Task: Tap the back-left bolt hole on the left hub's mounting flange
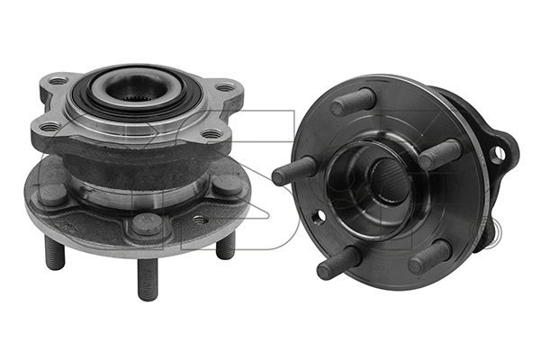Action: click(x=59, y=82)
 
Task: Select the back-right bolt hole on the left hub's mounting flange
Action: click(x=224, y=87)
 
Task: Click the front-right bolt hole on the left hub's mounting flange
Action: click(x=211, y=136)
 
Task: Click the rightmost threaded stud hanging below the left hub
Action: click(x=226, y=244)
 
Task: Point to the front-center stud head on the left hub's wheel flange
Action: click(x=147, y=223)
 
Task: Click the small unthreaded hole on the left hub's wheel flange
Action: click(x=199, y=219)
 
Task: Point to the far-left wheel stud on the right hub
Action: click(x=293, y=169)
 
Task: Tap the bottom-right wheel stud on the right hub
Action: click(x=430, y=256)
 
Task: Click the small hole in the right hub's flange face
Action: click(x=319, y=217)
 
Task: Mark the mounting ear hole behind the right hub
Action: click(x=496, y=154)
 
